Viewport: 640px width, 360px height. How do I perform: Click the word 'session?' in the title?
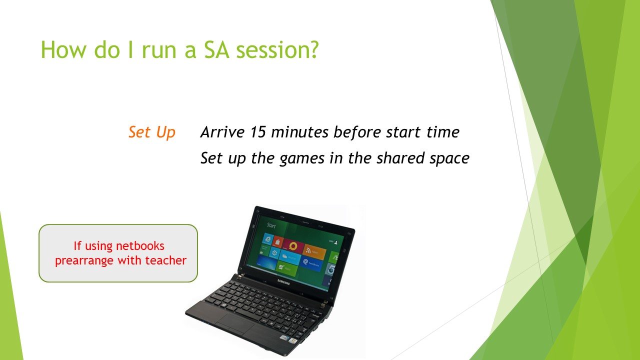click(x=277, y=49)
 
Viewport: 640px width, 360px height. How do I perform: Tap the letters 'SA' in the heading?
click(x=216, y=49)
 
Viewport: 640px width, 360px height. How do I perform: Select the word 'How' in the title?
click(x=63, y=49)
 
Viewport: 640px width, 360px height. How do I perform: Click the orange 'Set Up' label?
click(x=151, y=132)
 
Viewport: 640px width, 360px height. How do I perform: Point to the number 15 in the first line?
click(x=258, y=132)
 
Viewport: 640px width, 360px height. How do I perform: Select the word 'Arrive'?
click(x=222, y=132)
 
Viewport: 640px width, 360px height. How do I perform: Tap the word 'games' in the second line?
click(x=302, y=159)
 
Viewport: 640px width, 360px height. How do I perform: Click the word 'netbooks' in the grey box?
click(x=140, y=245)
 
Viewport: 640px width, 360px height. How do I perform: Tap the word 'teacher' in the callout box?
click(x=165, y=260)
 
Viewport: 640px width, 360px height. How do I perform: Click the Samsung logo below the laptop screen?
click(x=283, y=282)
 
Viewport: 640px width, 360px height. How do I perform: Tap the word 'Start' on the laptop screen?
click(x=271, y=225)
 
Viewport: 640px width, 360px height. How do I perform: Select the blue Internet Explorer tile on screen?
click(x=267, y=239)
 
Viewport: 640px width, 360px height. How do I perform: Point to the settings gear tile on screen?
click(x=274, y=252)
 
